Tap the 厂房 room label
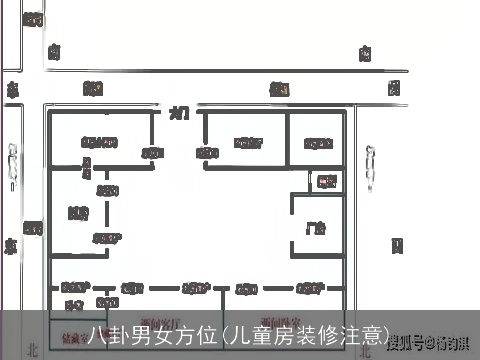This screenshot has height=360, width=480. (x=315, y=227)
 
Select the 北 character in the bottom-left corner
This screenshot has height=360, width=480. (x=33, y=350)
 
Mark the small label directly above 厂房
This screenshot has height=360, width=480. (x=326, y=181)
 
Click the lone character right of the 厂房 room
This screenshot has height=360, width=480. (x=397, y=243)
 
